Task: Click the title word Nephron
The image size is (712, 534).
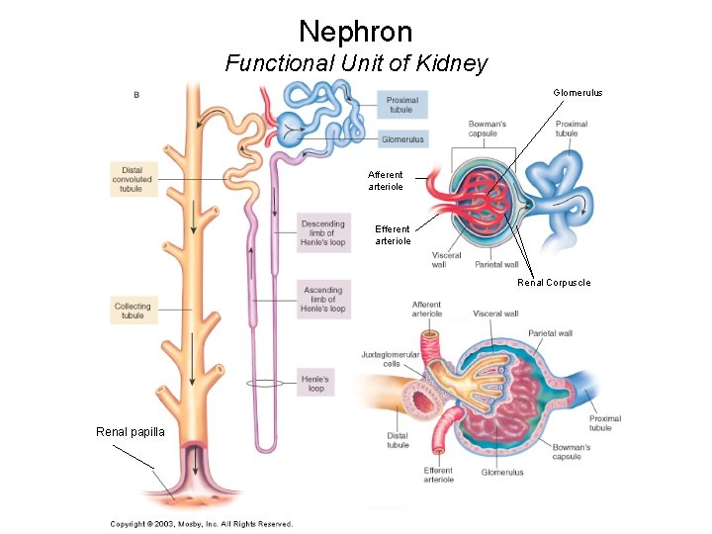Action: click(355, 32)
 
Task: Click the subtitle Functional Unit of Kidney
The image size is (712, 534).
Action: click(356, 64)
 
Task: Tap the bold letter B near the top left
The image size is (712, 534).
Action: click(135, 95)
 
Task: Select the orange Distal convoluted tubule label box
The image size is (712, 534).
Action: click(133, 179)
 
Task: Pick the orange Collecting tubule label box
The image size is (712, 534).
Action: click(133, 311)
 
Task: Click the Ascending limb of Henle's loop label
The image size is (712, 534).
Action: click(323, 300)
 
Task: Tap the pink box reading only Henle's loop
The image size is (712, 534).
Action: click(316, 384)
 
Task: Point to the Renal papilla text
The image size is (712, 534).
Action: click(131, 431)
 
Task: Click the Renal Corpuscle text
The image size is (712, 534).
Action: click(554, 283)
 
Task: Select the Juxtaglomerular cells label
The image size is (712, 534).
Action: click(391, 358)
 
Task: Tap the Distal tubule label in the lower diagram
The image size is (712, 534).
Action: click(398, 440)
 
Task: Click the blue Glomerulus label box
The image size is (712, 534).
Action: click(402, 139)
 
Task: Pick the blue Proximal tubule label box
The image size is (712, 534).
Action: click(402, 105)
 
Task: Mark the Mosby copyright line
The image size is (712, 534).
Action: click(201, 524)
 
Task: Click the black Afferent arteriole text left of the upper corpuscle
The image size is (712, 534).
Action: click(386, 181)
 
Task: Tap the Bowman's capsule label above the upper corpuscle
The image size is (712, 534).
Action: click(489, 129)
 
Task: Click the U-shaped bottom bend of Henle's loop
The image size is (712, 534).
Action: click(266, 444)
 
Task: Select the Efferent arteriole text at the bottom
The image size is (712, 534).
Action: click(438, 475)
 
